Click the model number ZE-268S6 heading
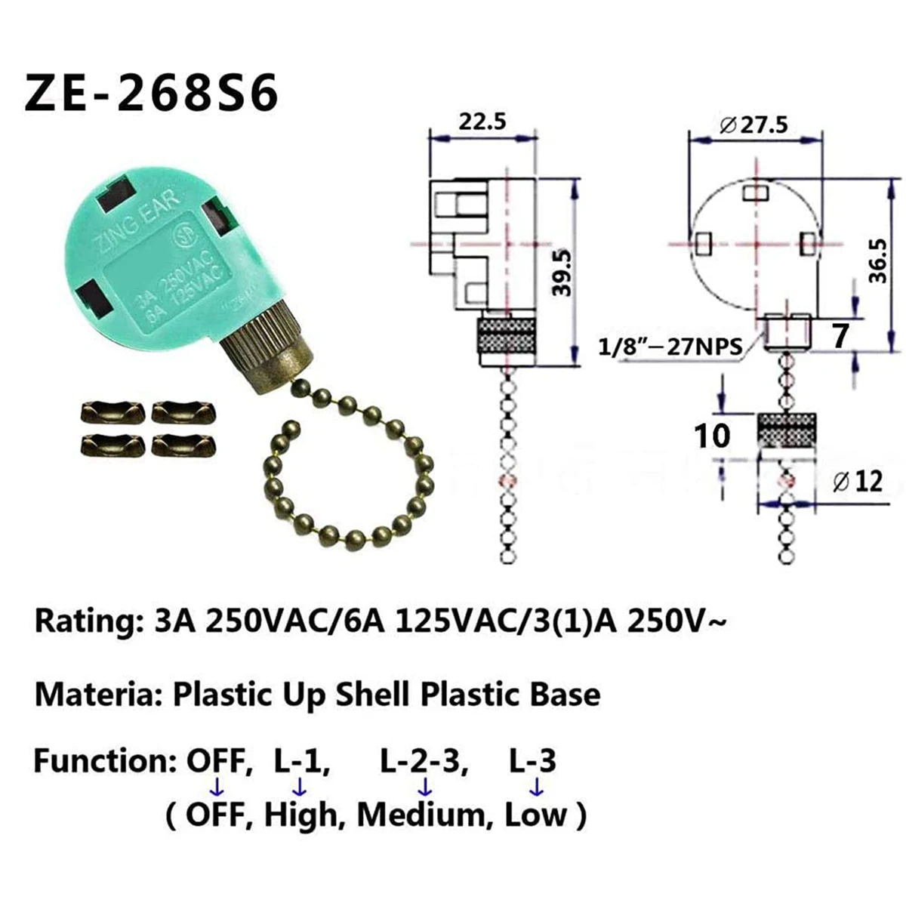tap(152, 94)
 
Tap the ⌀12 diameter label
tap(857, 480)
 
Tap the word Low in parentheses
tap(535, 815)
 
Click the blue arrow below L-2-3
tap(425, 787)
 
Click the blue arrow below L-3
tap(537, 787)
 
